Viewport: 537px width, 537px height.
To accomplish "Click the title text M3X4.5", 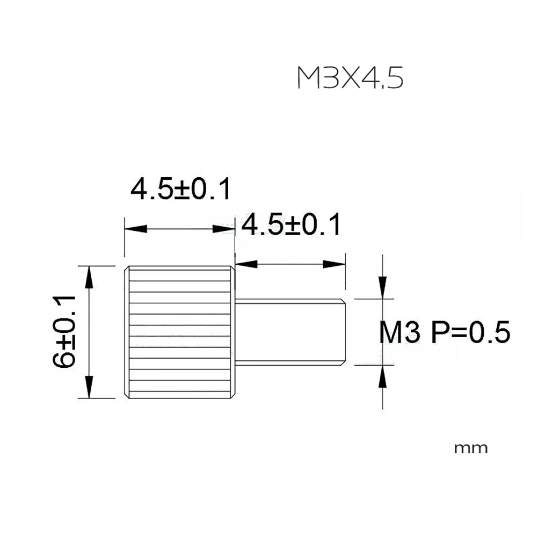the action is click(x=350, y=78).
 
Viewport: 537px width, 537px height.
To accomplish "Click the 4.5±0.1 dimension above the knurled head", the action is click(x=181, y=188).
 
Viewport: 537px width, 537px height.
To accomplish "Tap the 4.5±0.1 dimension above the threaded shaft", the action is click(x=291, y=224).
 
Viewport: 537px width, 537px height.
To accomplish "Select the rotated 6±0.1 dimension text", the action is click(x=64, y=331).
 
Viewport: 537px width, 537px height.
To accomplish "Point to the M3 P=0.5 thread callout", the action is click(x=445, y=332).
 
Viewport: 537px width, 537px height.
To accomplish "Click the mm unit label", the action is click(x=471, y=448).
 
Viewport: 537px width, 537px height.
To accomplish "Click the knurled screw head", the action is click(x=180, y=332).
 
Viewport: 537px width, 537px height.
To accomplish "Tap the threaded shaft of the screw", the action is click(x=291, y=332).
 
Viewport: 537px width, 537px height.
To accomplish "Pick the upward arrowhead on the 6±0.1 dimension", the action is click(x=89, y=277).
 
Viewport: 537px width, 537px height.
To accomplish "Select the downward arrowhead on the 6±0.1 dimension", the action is click(x=89, y=387).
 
